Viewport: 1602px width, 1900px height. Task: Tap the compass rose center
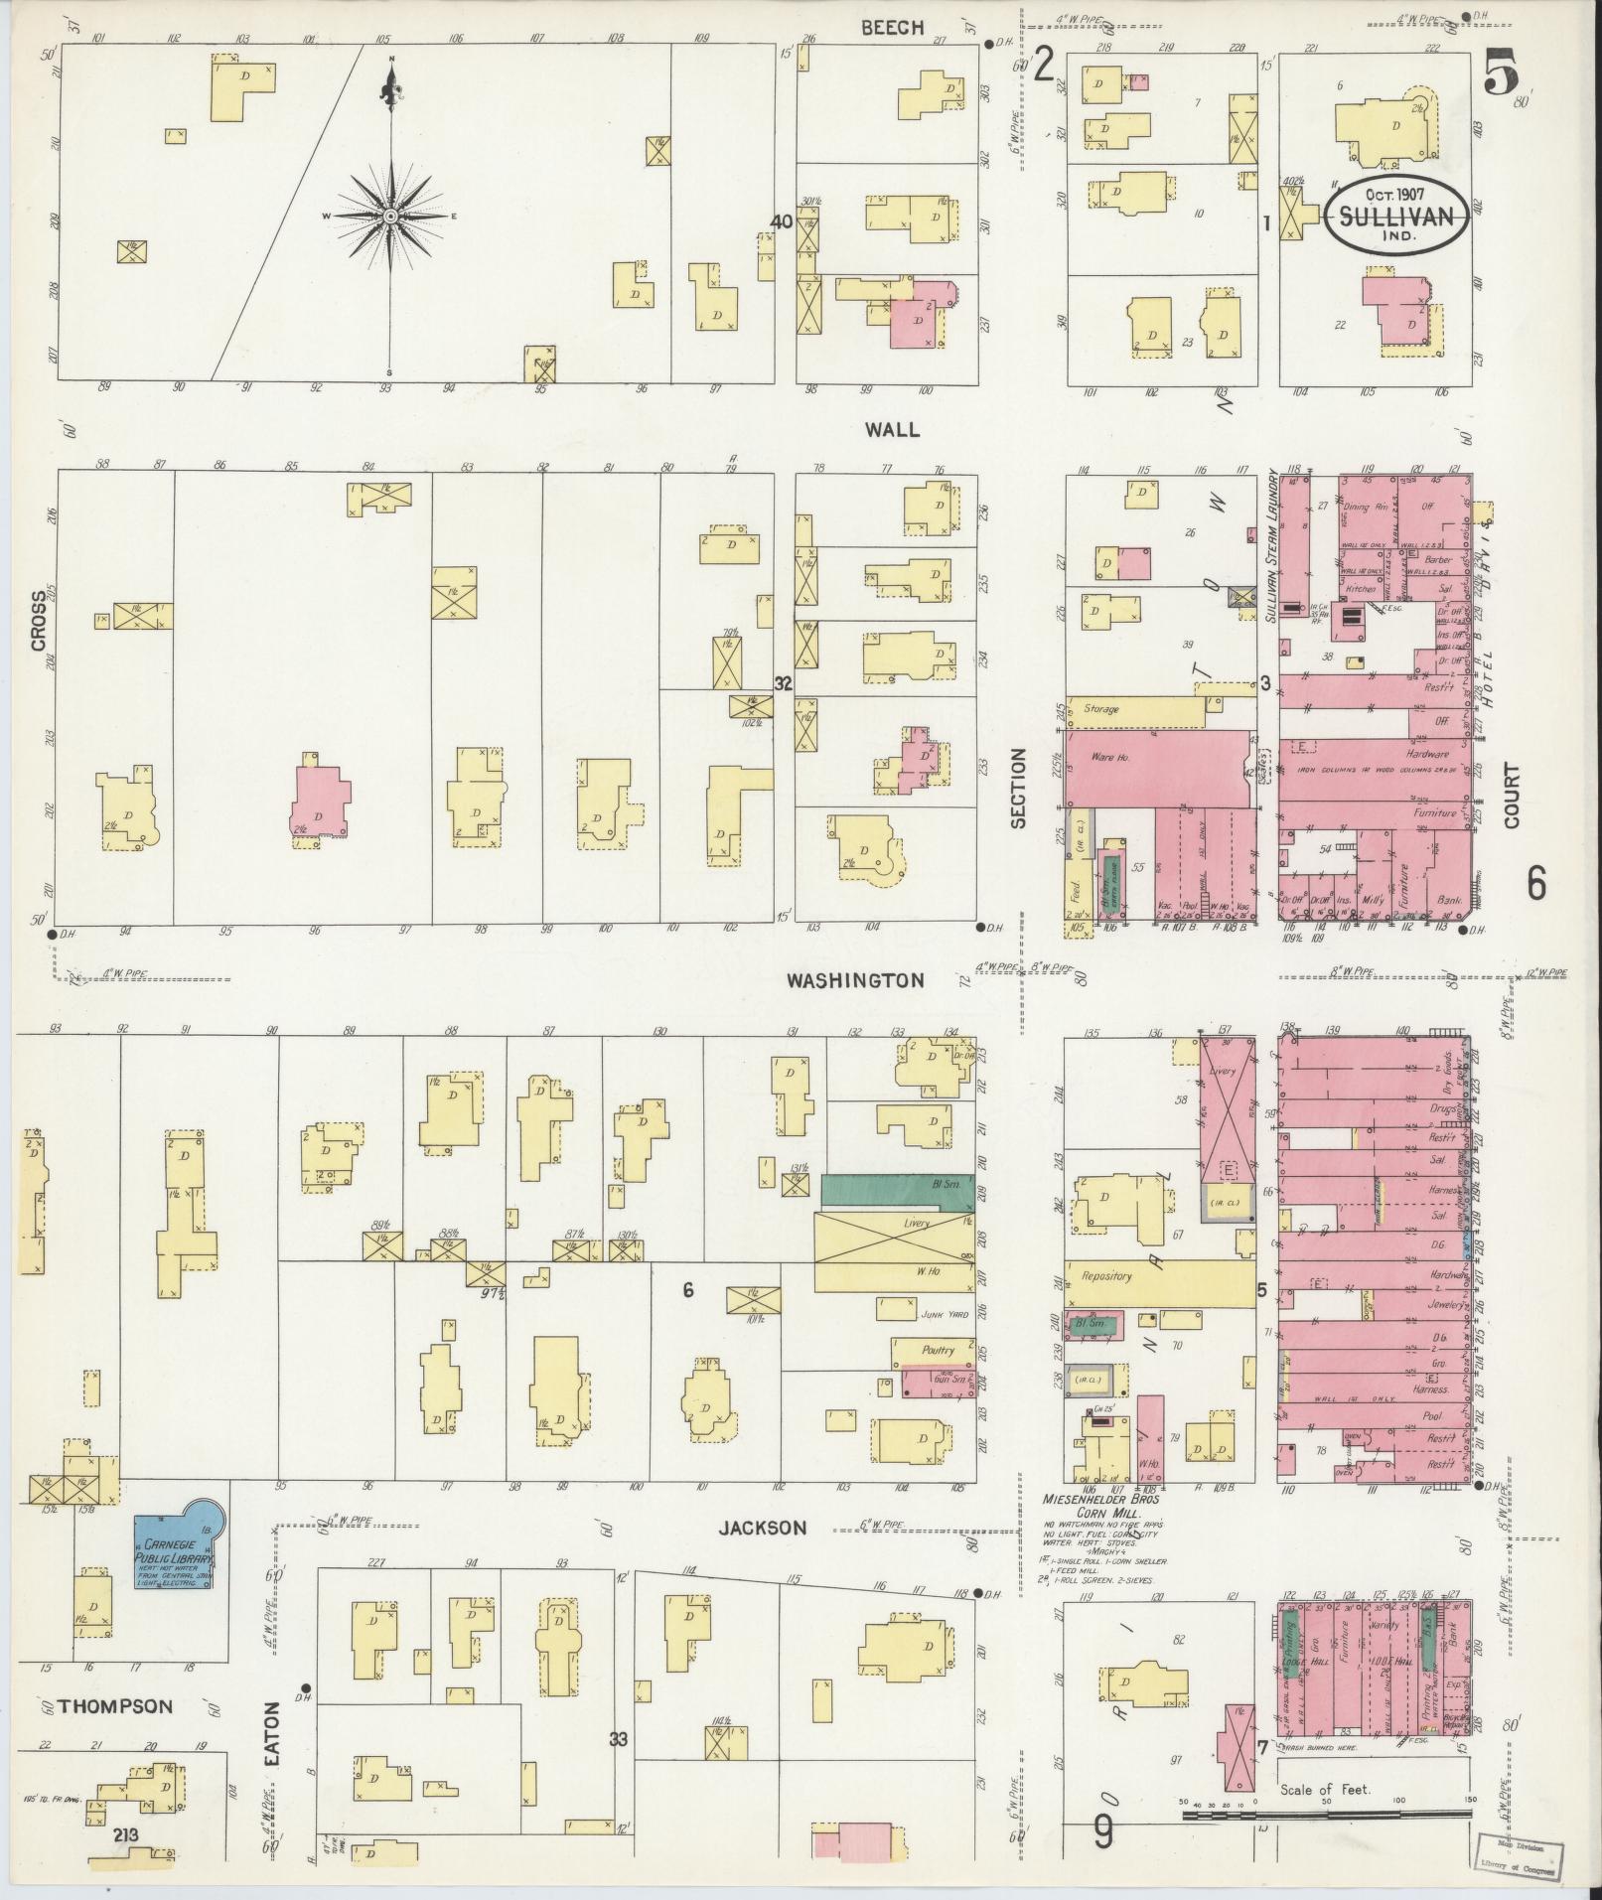coord(391,216)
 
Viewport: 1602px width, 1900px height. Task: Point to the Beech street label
coord(892,28)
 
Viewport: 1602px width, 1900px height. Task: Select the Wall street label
coord(892,429)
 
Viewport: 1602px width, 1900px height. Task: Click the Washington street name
coord(855,980)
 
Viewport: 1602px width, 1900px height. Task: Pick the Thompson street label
coord(115,1706)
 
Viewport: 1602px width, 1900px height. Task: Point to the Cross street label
coord(39,621)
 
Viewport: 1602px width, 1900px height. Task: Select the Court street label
coord(1512,795)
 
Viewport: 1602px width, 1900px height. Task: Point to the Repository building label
coord(1106,1276)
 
